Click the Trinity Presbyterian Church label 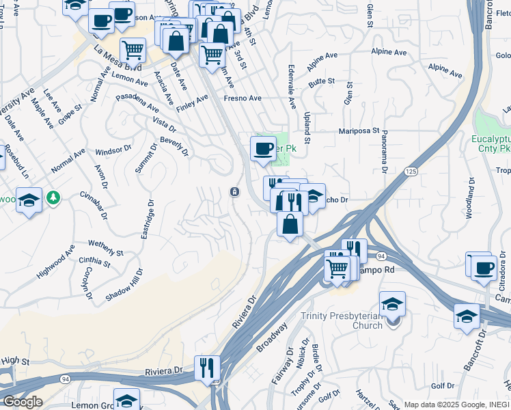tap(342, 320)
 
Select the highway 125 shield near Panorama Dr tap(410, 171)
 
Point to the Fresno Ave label tap(243, 98)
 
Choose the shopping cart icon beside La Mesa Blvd tap(133, 49)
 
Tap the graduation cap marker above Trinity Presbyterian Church tap(393, 303)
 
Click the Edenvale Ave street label tap(292, 92)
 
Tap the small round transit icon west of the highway tap(234, 191)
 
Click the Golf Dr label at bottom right tap(442, 386)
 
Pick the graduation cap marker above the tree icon tap(29, 200)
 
